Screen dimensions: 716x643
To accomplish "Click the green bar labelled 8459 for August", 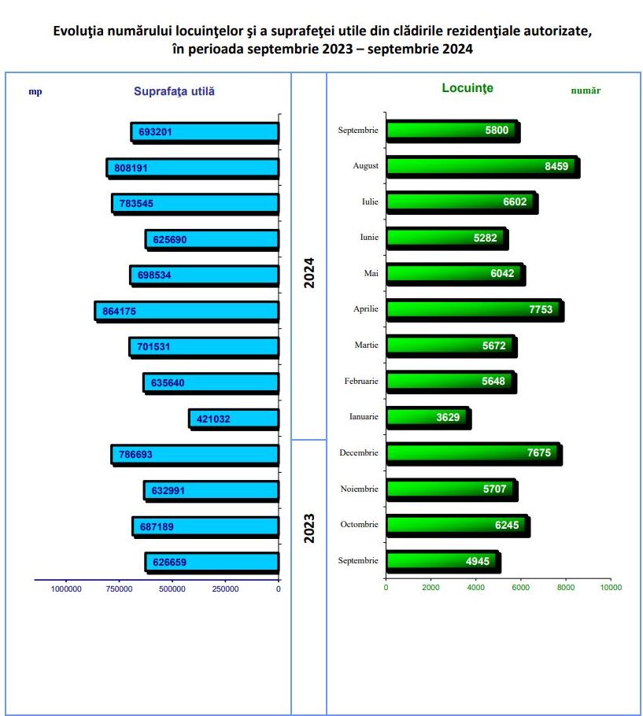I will (x=482, y=166).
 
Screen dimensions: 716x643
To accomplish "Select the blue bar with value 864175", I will (x=187, y=311).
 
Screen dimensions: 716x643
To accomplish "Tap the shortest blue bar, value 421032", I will (x=234, y=419).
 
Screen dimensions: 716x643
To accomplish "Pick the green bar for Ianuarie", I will (x=427, y=417).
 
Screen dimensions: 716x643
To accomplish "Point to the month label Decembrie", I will (x=359, y=452).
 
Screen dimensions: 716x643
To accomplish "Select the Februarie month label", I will (x=361, y=381).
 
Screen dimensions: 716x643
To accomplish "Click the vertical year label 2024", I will (x=309, y=272).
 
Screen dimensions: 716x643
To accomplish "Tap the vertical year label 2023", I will (x=309, y=529).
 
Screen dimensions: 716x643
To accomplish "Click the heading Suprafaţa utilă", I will (x=174, y=91).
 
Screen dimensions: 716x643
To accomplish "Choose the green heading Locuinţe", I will (x=467, y=88).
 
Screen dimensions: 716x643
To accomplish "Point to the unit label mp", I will (x=35, y=91).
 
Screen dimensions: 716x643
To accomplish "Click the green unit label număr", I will (x=586, y=90).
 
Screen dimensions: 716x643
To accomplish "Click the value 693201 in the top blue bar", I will (x=155, y=132).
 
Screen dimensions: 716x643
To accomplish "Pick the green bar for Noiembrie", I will (x=451, y=489).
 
